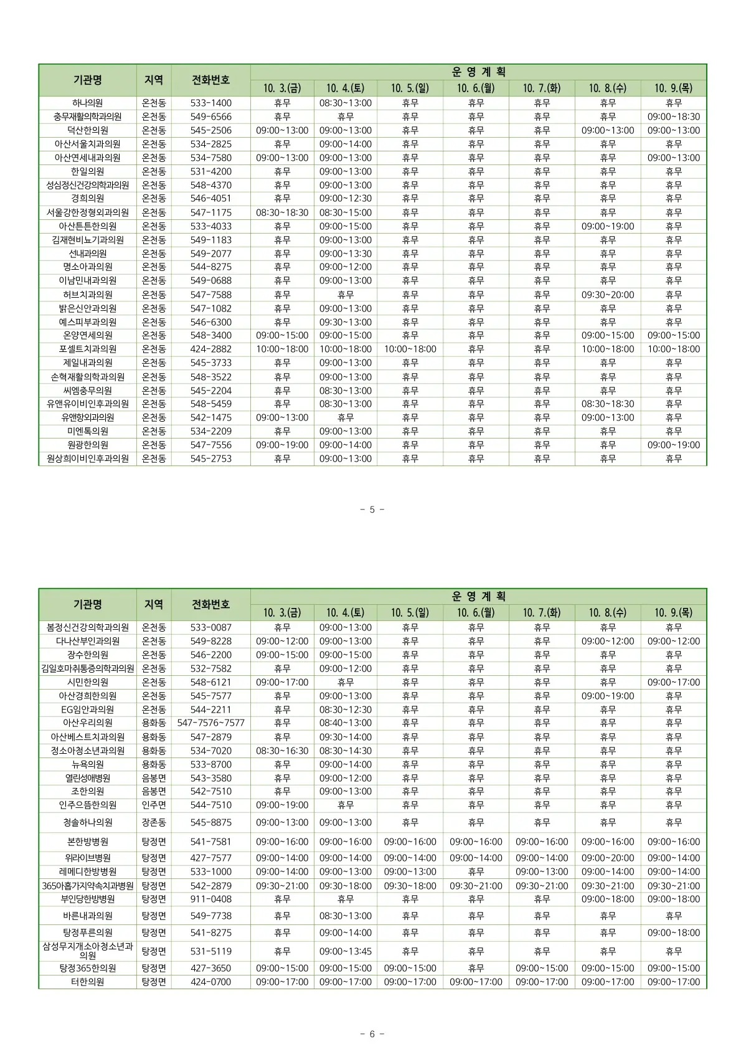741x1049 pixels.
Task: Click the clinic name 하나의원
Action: coord(87,103)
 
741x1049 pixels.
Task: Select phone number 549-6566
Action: coord(210,117)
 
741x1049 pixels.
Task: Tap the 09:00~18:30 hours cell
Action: coord(673,117)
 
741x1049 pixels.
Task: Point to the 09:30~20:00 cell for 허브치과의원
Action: coord(607,295)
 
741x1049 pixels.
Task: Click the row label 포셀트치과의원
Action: coord(87,349)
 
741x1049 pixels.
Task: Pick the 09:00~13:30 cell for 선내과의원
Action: coord(345,254)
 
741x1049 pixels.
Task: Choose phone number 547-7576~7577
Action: coord(210,723)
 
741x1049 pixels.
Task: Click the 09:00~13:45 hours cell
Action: coord(345,951)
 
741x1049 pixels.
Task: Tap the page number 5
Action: coord(372,510)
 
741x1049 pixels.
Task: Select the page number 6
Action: coord(372,1034)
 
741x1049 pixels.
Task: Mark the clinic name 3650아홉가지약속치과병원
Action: coord(87,886)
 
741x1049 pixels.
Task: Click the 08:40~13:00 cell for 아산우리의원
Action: coord(345,723)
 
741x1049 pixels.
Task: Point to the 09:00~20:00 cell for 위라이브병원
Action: coord(607,858)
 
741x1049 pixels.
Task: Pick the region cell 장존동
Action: coord(154,822)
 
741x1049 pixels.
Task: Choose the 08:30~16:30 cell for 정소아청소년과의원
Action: coord(282,751)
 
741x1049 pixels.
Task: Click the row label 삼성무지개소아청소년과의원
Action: coord(87,951)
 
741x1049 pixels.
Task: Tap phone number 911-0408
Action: coord(210,899)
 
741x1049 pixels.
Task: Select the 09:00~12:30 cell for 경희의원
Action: coord(345,199)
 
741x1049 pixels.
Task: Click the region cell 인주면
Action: coord(154,805)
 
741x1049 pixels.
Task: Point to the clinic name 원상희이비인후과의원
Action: coord(87,459)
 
